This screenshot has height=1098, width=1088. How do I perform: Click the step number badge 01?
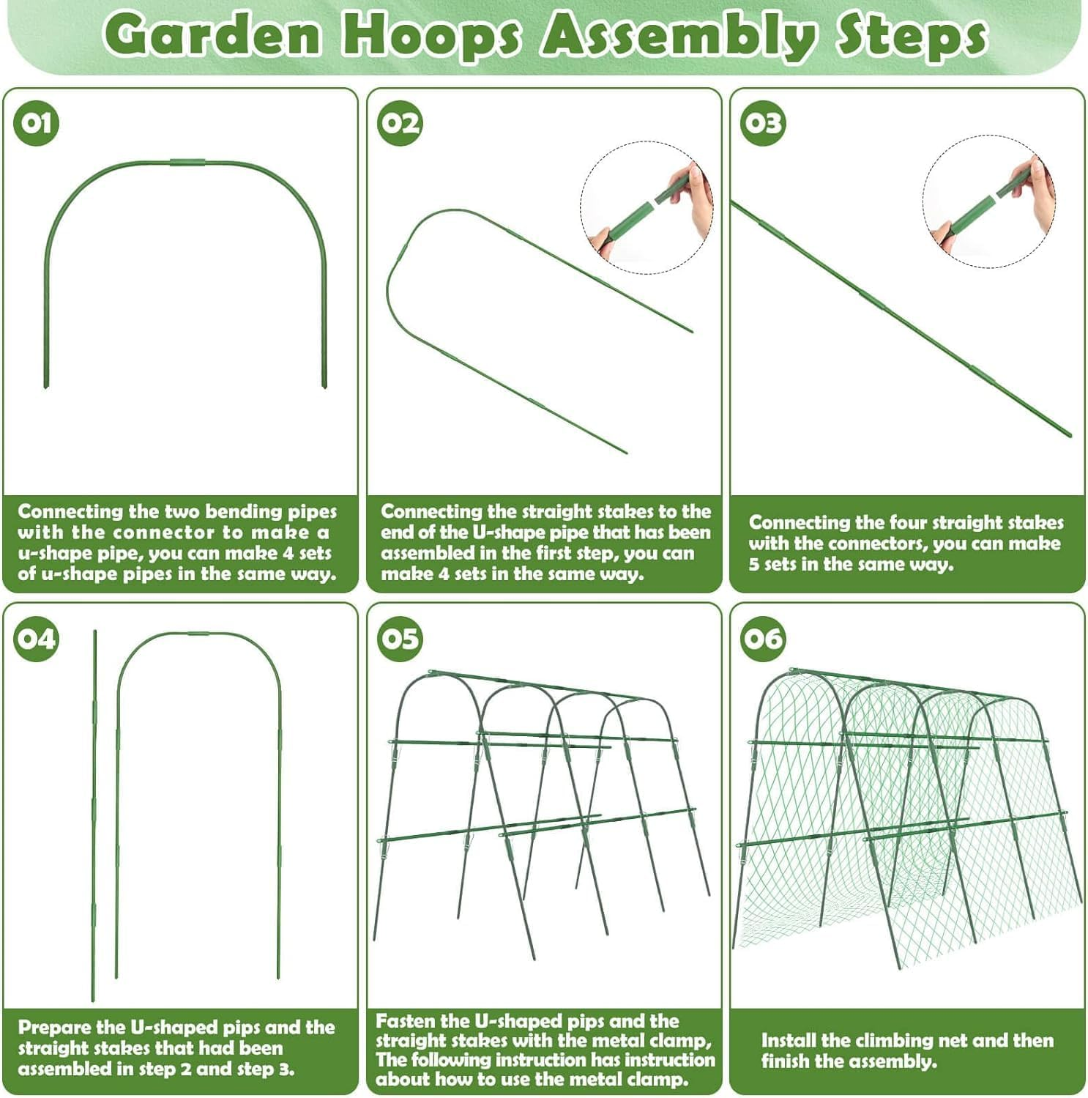[36, 122]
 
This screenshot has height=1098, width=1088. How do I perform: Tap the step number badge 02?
[400, 122]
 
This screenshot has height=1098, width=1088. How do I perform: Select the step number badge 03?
[762, 122]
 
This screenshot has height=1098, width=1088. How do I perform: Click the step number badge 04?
[36, 639]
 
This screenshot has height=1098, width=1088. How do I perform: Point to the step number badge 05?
[400, 639]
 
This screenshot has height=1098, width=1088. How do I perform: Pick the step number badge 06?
[762, 639]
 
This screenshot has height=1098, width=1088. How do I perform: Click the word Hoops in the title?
[431, 35]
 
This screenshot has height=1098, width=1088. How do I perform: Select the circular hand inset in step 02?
[647, 207]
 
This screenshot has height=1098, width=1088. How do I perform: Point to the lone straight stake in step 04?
[94, 813]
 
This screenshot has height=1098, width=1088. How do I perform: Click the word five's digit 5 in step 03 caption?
[754, 564]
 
